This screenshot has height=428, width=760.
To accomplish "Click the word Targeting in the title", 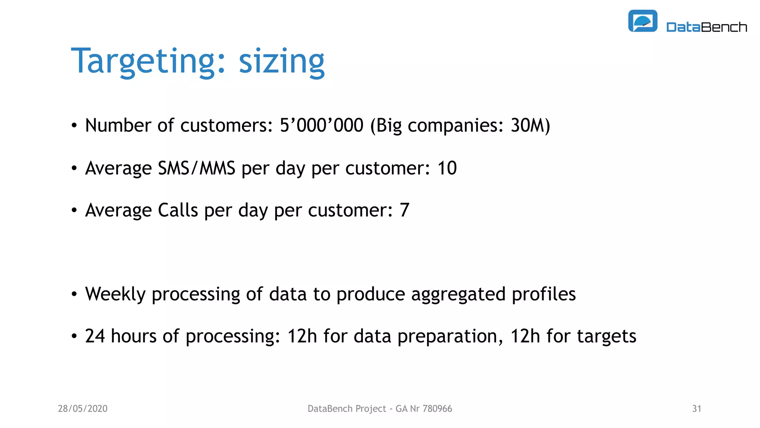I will tap(143, 61).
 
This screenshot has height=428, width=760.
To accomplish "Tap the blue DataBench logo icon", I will tap(642, 21).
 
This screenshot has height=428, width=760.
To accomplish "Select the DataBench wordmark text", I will tap(706, 27).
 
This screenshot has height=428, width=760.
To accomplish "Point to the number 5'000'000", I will tap(321, 125).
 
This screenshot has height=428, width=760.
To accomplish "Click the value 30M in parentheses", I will tap(527, 125).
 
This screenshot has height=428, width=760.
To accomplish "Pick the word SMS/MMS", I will tap(196, 168).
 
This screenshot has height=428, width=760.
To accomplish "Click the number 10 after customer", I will tap(447, 168).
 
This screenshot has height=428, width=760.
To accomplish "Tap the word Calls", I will tap(178, 210).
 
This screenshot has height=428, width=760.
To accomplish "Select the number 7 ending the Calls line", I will tap(404, 210).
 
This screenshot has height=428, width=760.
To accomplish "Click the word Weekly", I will tap(115, 294).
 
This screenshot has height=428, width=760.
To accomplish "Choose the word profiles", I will tap(544, 294).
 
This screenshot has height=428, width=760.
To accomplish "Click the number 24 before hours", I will tap(95, 336).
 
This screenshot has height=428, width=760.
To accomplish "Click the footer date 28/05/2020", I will tap(83, 409).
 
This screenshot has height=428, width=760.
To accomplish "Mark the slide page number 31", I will tap(697, 409).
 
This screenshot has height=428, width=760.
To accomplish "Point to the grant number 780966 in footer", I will tap(437, 409).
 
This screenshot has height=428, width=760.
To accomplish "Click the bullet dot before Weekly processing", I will tap(74, 294).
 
